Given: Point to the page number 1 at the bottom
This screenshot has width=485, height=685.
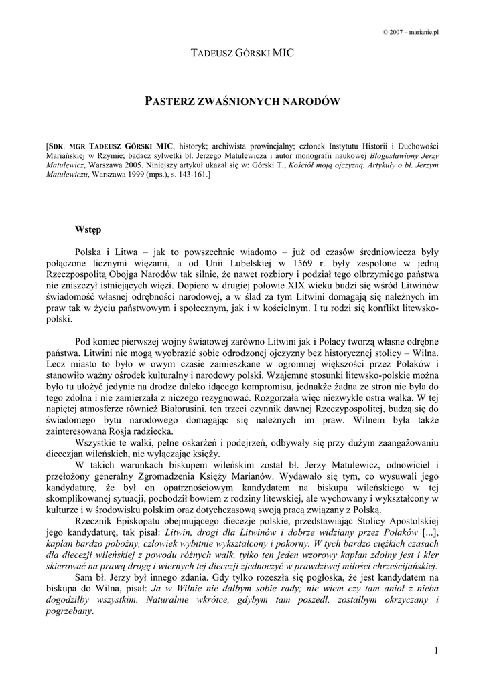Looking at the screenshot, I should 435,650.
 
